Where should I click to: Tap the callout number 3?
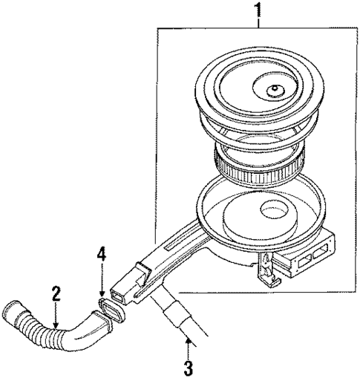(x=189, y=365)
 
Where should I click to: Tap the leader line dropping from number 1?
(x=258, y=24)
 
